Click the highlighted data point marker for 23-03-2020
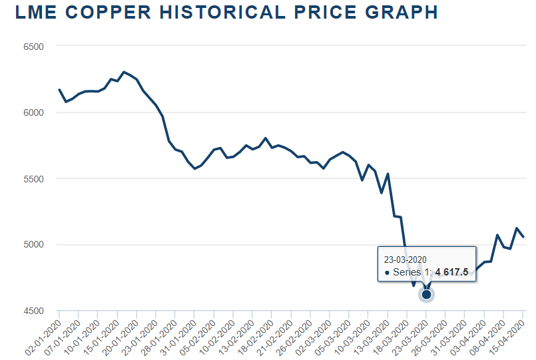click(427, 294)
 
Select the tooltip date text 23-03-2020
click(405, 259)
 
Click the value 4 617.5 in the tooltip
click(451, 272)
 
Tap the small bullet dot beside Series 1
click(387, 273)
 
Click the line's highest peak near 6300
click(124, 72)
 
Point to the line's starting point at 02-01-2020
click(59, 89)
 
